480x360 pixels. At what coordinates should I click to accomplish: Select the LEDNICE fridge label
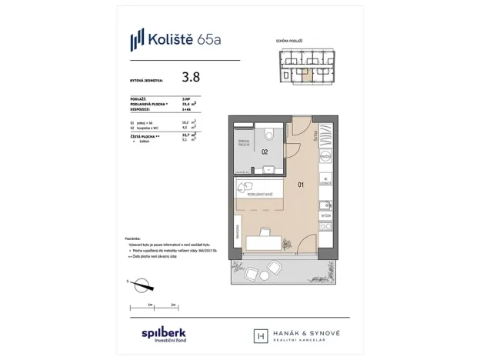[326, 183]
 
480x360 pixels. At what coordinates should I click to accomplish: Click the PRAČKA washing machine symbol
[326, 156]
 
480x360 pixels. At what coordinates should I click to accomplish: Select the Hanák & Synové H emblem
[259, 336]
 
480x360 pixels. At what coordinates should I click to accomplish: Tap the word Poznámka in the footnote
[132, 238]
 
